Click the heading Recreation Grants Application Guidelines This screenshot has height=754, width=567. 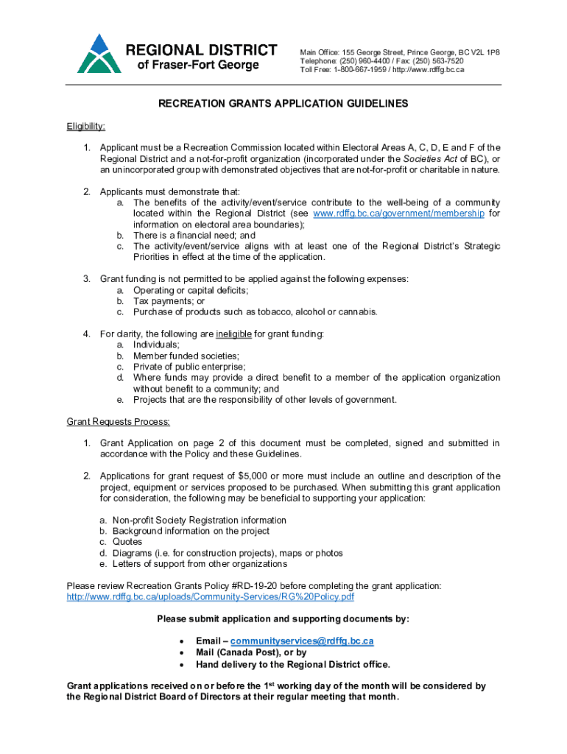point(283,104)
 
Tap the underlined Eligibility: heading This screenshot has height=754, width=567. point(85,126)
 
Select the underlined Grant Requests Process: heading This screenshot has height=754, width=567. point(119,422)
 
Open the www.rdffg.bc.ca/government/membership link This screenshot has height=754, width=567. point(398,214)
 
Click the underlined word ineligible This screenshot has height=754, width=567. point(233,334)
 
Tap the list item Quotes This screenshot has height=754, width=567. point(127,542)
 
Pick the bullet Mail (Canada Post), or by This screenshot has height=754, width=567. point(251,652)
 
